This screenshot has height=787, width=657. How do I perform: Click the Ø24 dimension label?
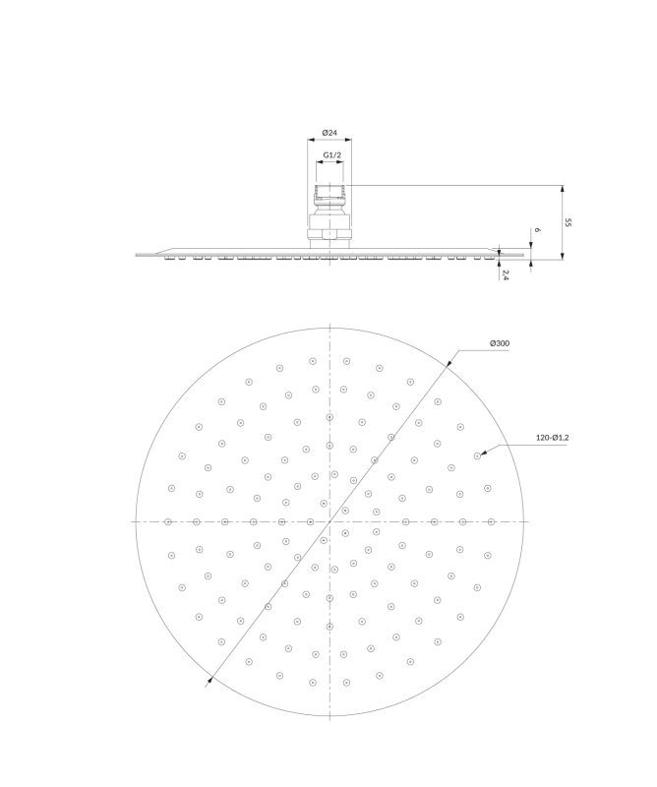point(329,133)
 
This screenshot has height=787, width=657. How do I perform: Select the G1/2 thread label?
point(331,155)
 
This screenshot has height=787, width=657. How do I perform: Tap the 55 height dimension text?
point(568,222)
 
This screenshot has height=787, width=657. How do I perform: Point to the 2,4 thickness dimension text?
point(506,274)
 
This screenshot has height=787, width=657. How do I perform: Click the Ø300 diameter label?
point(500,343)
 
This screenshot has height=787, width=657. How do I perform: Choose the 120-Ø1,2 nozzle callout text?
point(552,438)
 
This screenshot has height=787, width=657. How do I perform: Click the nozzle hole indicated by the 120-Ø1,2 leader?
point(477,455)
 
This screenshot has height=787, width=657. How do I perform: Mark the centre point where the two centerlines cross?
point(329,522)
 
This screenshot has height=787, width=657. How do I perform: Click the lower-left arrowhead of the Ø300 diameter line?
point(210,681)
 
